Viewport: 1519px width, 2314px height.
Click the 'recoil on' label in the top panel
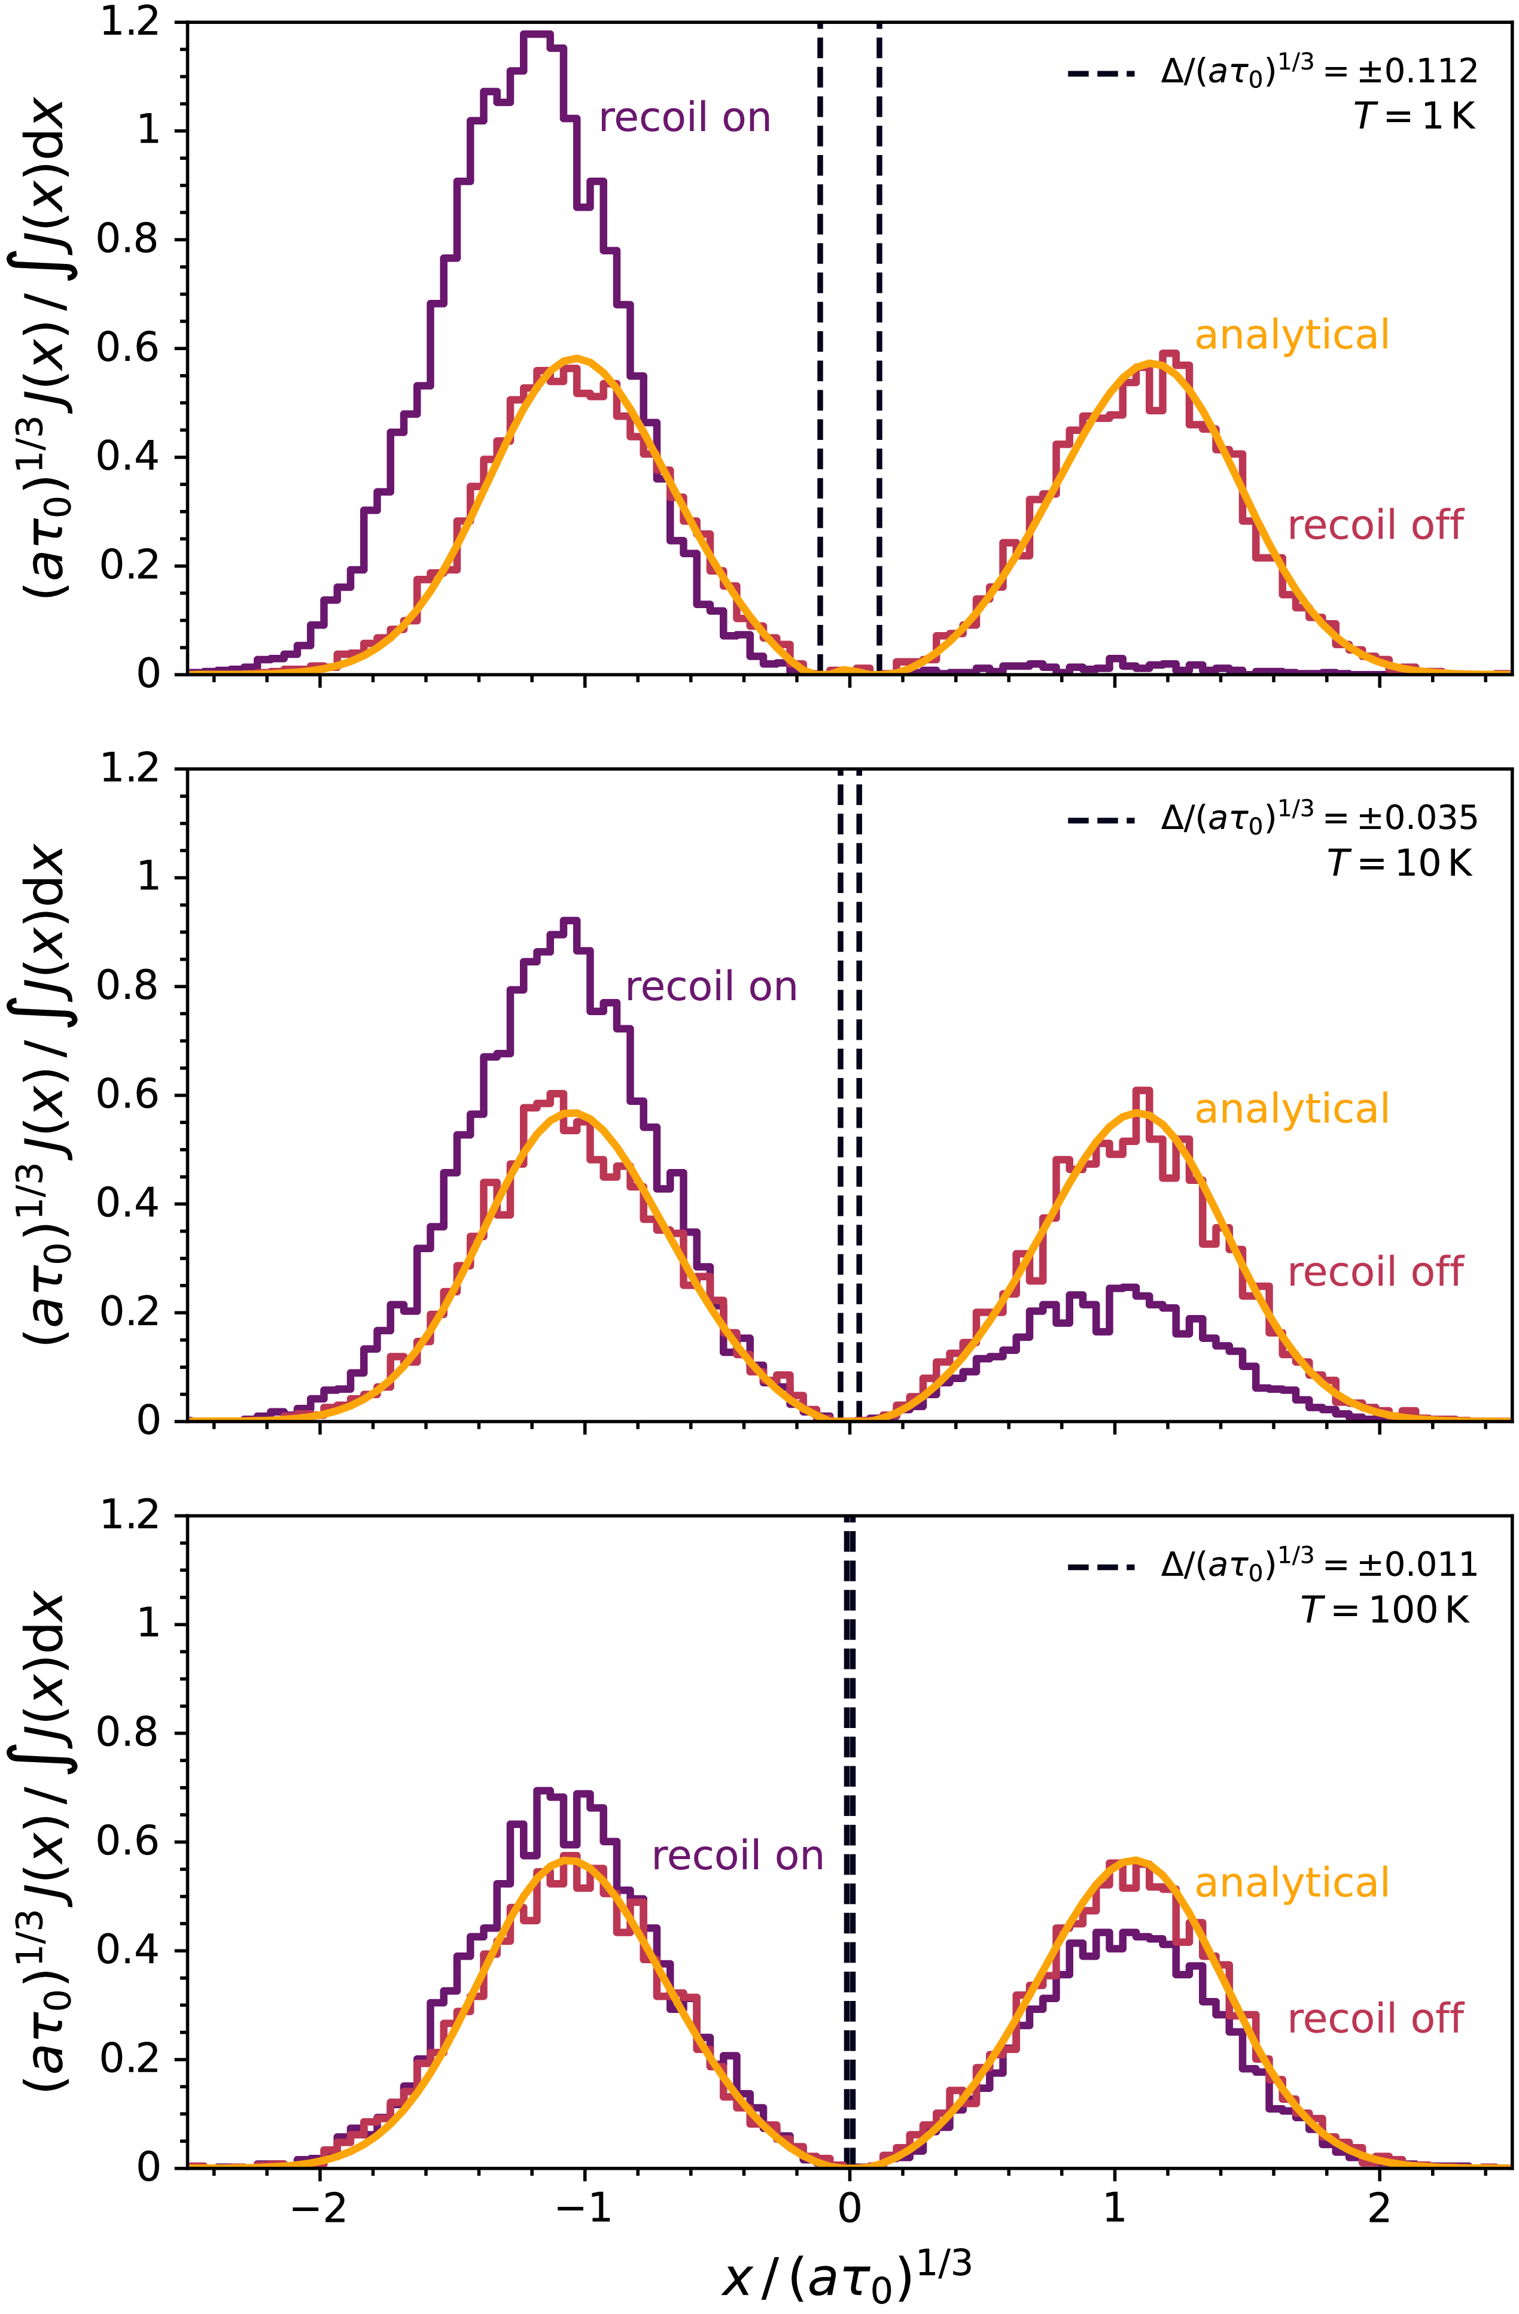click(684, 118)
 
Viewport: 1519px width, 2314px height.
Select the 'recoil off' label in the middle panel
click(1374, 1272)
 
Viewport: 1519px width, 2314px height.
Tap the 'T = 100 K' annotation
click(1386, 1610)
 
